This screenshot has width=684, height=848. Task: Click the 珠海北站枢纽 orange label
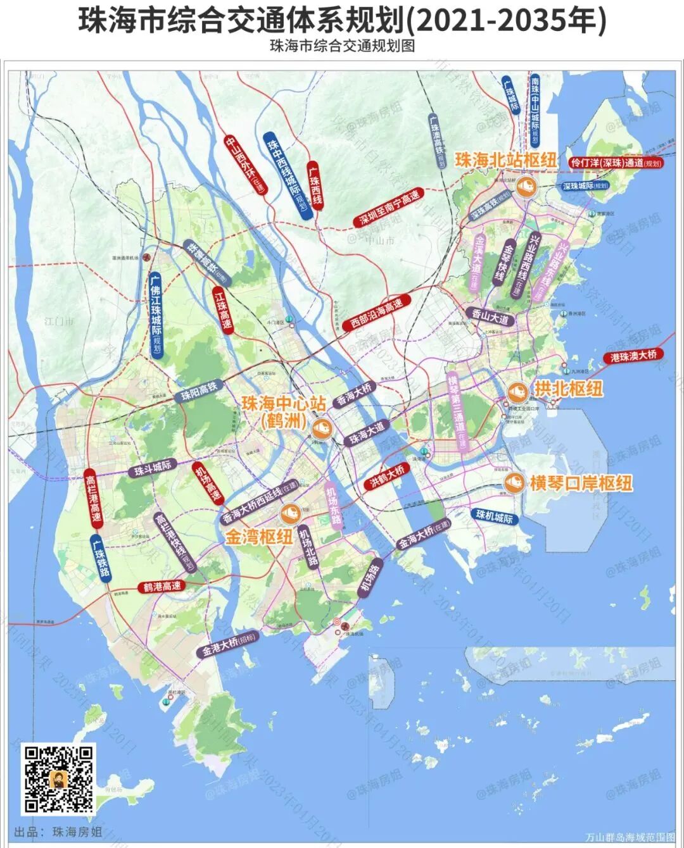(506, 159)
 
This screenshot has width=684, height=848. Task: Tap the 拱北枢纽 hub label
(568, 389)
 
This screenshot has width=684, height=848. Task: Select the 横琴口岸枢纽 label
(581, 483)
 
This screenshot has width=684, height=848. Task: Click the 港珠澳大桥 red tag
(633, 356)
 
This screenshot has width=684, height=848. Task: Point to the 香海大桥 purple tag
(355, 394)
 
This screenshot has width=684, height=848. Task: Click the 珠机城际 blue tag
(494, 518)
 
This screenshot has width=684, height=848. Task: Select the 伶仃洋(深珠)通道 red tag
(615, 163)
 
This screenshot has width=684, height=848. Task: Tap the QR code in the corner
(60, 779)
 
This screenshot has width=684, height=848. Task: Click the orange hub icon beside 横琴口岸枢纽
(514, 483)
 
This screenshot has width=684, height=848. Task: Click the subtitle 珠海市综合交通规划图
(342, 46)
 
